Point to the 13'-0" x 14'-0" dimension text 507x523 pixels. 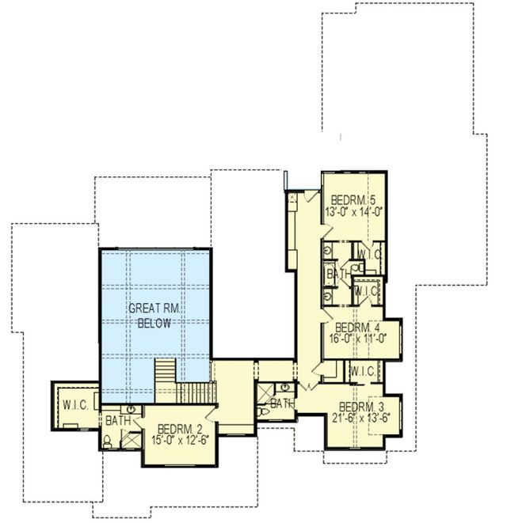click(x=354, y=211)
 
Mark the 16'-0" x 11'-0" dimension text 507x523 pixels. click(x=358, y=338)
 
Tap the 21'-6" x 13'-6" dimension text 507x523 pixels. click(x=364, y=419)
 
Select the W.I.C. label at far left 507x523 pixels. click(x=74, y=406)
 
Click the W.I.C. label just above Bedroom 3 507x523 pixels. click(x=361, y=370)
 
